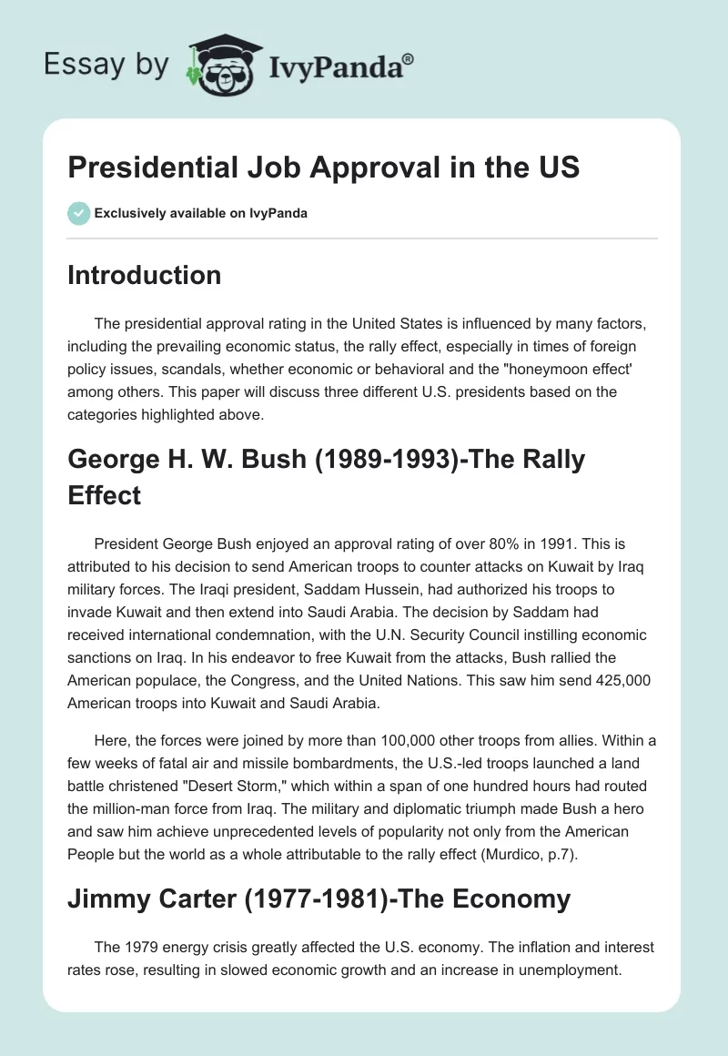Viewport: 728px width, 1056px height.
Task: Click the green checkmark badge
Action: [x=78, y=213]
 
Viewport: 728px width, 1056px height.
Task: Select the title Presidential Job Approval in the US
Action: [x=323, y=168]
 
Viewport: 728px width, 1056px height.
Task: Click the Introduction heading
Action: [x=144, y=275]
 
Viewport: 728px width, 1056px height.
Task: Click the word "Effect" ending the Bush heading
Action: [x=104, y=496]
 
